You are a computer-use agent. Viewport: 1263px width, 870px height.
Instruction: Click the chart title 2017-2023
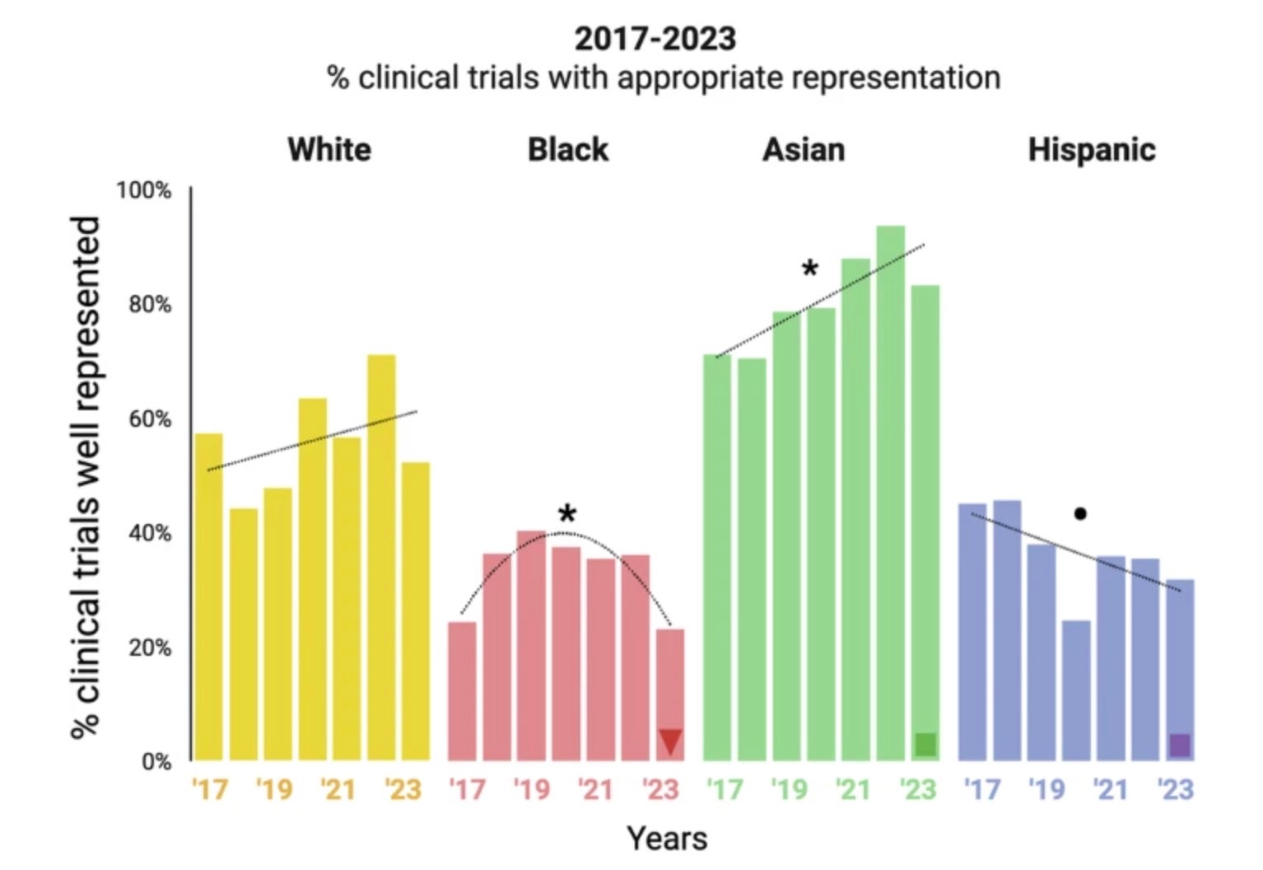coord(655,39)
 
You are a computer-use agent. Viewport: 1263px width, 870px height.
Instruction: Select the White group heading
coord(329,150)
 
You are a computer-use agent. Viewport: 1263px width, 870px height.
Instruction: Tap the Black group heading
coord(567,150)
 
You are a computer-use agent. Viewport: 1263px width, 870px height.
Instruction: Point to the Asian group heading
coord(804,150)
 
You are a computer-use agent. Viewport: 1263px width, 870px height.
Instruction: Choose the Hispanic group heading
coord(1092,150)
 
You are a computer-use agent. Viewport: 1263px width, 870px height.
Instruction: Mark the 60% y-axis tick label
coord(149,419)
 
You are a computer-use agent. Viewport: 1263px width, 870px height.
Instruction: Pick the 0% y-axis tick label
coord(156,761)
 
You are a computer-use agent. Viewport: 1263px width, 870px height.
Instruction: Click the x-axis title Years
coord(667,839)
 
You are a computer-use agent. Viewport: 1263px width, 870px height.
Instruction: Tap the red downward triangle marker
coord(670,741)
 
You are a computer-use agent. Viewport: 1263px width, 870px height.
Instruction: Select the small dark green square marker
coord(925,745)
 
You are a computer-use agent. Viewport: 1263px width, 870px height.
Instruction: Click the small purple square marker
coord(1180,746)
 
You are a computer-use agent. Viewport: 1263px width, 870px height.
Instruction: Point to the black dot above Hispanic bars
coord(1080,514)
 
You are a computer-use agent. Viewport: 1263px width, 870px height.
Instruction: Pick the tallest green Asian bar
coord(890,494)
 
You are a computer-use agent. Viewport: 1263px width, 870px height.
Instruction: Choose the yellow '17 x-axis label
coord(209,789)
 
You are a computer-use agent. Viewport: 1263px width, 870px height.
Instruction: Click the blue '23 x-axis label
coord(1175,789)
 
